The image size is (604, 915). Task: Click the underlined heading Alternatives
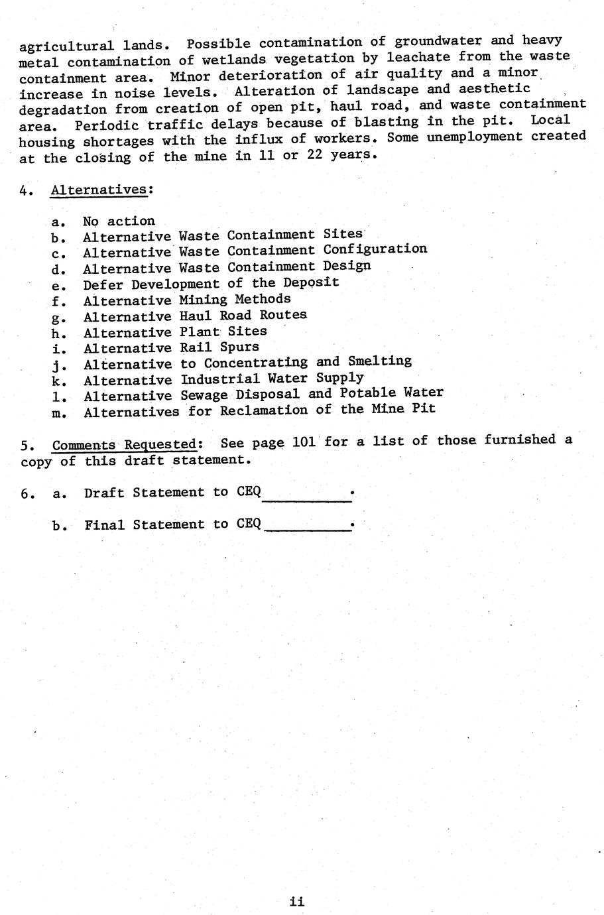[99, 190]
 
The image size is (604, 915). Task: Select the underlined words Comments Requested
[125, 444]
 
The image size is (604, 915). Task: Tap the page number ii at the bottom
[297, 901]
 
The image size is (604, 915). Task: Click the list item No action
[119, 221]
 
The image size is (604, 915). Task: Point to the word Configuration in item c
[375, 249]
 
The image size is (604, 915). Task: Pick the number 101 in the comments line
[304, 442]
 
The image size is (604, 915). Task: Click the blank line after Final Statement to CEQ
[306, 528]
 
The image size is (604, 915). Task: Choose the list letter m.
[59, 413]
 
